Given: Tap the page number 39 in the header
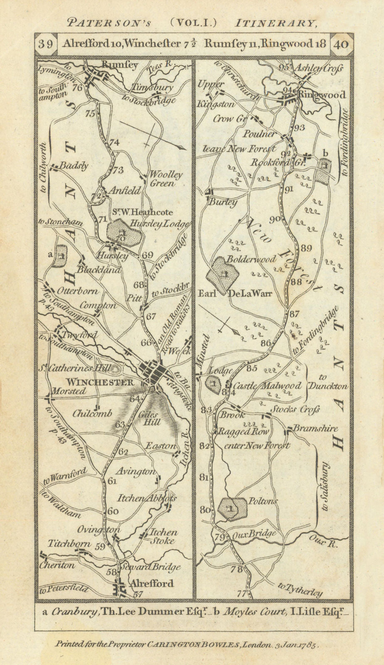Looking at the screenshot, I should (x=47, y=44).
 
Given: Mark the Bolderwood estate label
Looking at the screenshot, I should (x=251, y=259).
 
